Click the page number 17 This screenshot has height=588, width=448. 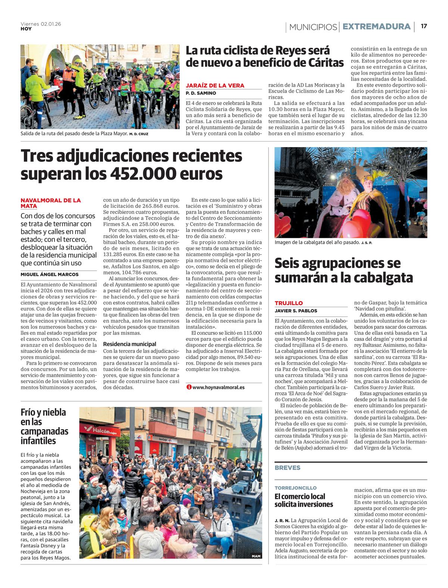tap(424, 27)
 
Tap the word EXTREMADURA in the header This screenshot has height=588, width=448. tap(376, 27)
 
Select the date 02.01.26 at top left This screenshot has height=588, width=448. tap(51, 24)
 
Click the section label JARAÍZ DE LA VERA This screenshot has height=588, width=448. tap(215, 85)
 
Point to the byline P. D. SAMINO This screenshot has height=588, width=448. tap(201, 93)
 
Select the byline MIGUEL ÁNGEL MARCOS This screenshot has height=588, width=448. tap(50, 274)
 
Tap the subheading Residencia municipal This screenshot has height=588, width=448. tap(130, 344)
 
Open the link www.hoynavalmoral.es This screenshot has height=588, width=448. tap(218, 387)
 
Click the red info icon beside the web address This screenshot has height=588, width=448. tap(189, 387)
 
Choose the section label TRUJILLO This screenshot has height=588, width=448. tap(289, 303)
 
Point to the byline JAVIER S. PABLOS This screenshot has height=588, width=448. tap(296, 311)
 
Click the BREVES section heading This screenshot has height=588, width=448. tap(287, 468)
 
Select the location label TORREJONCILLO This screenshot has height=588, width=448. tap(295, 488)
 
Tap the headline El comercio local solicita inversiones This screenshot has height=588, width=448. tap(304, 500)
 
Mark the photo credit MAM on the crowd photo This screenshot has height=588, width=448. tap(256, 556)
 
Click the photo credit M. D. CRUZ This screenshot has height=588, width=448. tap(139, 134)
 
